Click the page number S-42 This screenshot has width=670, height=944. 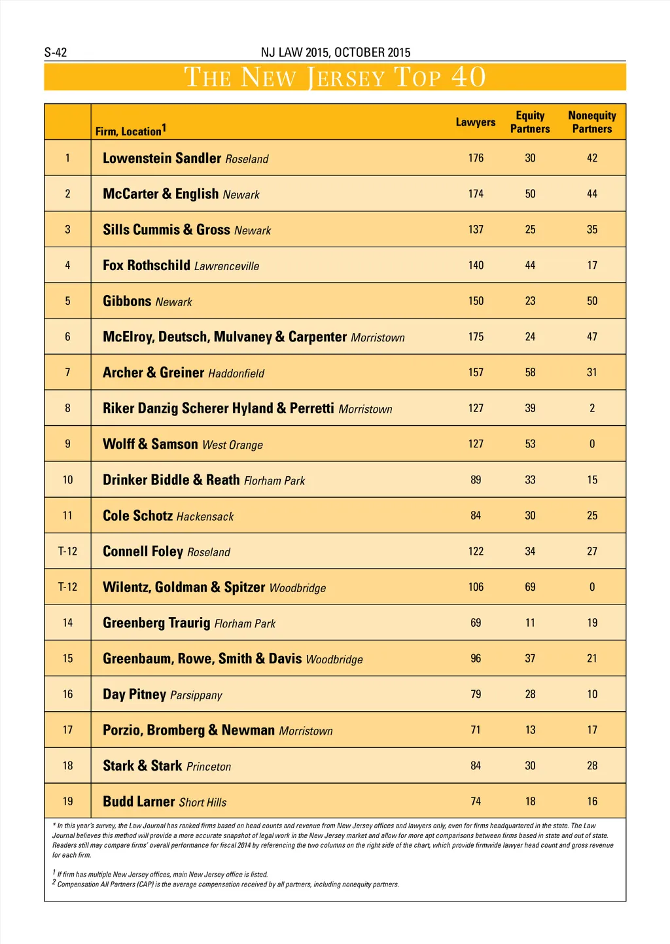coord(56,52)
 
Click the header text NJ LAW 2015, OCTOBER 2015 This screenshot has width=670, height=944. coord(335,52)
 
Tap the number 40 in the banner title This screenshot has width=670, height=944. coord(468,77)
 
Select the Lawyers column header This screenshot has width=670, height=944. coord(476,122)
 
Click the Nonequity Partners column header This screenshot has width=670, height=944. coord(592,122)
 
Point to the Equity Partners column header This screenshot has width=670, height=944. coord(530,122)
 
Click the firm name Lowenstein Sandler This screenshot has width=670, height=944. coord(162,158)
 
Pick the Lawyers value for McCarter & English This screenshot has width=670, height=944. coord(476,194)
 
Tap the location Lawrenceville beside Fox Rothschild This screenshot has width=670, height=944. coord(226,266)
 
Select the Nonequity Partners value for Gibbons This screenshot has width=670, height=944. coord(592,301)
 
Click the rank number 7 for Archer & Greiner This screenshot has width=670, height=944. coord(67,372)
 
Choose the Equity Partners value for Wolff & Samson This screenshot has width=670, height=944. coord(530,444)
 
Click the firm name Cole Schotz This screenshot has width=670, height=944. coord(137,516)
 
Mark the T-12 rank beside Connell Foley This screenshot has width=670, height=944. coord(67,551)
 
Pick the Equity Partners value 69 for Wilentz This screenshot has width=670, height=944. coord(530,587)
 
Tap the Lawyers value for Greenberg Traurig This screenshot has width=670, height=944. coord(476,623)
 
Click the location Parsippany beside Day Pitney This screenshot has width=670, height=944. coord(196,695)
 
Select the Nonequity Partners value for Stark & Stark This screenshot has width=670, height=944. coord(592,765)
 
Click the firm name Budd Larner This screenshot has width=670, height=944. coord(139,801)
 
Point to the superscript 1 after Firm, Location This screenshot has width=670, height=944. coord(164,128)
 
